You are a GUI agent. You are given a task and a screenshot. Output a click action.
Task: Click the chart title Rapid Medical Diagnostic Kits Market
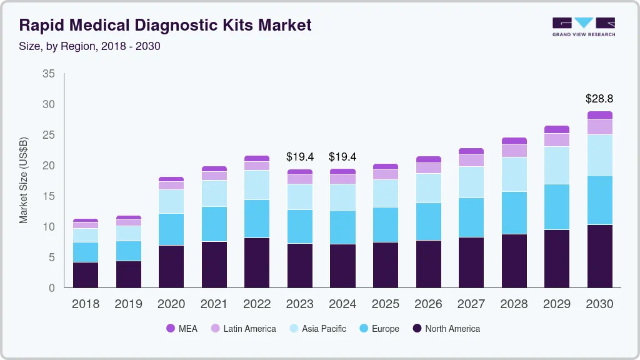point(165,25)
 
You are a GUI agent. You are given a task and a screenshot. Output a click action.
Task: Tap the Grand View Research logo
point(583,26)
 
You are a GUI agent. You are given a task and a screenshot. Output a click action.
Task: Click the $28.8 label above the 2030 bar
point(599,99)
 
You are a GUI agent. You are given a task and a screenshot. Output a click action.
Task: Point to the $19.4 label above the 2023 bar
point(299,156)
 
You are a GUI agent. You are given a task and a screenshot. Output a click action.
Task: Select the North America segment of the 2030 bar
point(599,256)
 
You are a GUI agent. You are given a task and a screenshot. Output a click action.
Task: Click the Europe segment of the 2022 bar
point(257,219)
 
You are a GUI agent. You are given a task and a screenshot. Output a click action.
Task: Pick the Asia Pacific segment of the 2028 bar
point(514,174)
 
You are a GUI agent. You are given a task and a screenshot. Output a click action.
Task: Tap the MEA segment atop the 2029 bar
point(556,129)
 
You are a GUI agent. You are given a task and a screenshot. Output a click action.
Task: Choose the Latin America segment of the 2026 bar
point(428,167)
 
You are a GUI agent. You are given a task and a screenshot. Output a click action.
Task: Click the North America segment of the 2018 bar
point(86,275)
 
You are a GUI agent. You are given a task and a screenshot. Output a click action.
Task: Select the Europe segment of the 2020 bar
point(171,229)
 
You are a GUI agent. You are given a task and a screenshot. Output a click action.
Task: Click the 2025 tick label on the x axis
point(385,304)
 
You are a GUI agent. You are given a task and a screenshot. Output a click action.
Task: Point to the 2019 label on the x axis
point(128,304)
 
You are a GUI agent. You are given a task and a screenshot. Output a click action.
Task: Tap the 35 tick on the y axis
point(48,74)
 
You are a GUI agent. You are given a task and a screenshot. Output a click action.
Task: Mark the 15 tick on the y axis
point(48,196)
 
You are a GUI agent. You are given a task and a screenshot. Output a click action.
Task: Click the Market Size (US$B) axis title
point(24,181)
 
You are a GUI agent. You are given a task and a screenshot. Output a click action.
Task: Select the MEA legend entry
point(181,328)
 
